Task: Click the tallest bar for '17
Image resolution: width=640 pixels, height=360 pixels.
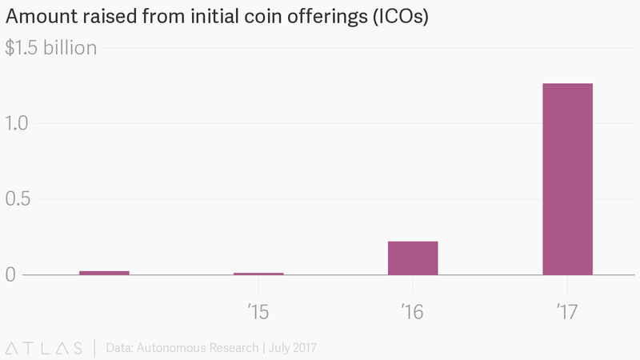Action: tap(567, 179)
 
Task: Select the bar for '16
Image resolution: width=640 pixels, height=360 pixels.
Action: tap(413, 258)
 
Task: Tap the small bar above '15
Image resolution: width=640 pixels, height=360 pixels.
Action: tap(258, 274)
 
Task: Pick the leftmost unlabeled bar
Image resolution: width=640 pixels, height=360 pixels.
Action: tap(104, 273)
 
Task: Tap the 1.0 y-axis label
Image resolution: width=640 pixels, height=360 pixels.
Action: tap(18, 123)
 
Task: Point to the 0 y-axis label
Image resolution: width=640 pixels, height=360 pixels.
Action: tap(10, 275)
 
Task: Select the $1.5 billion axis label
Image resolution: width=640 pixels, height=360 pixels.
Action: tap(51, 48)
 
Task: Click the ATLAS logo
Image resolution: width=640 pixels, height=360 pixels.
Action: tap(44, 348)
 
